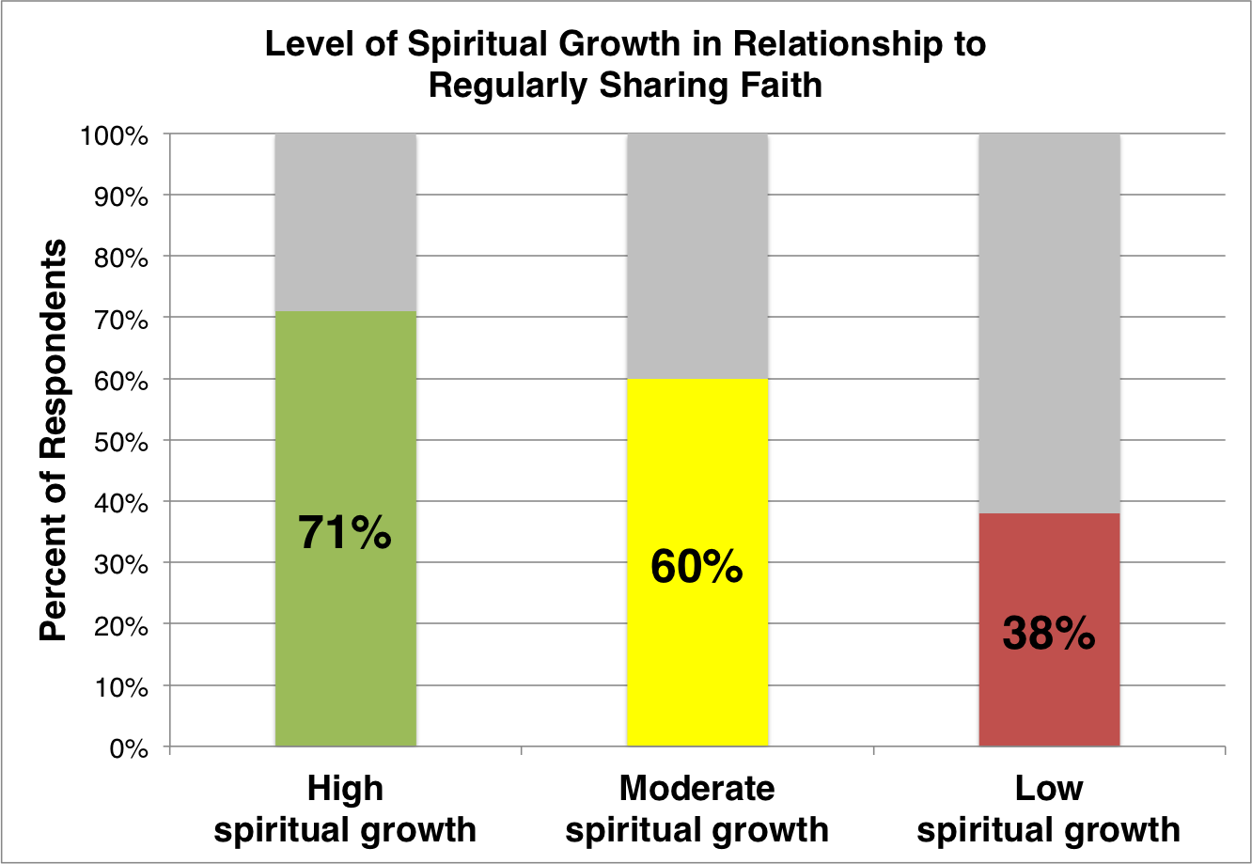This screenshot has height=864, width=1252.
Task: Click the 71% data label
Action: coord(345,533)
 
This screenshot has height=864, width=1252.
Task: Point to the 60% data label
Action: coord(696,568)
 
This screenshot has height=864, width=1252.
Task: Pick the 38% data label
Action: coord(1049,635)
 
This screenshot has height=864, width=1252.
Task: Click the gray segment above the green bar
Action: coord(345,222)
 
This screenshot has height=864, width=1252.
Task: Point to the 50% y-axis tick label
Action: coord(122,442)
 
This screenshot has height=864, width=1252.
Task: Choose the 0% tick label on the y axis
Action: coord(130,748)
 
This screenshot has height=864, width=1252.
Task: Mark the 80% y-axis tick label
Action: coord(122,258)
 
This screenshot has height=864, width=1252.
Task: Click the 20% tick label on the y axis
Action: coord(122,626)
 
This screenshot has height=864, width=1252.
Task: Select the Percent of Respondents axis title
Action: coord(54,441)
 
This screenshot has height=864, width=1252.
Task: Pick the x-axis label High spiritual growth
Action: coord(345,809)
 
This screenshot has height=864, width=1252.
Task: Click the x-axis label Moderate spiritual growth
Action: coord(696,809)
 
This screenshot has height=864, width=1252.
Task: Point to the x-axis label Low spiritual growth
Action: coord(1049,809)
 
